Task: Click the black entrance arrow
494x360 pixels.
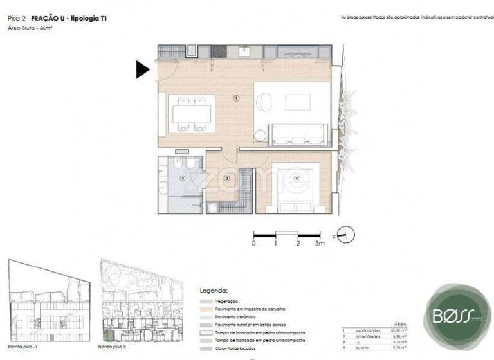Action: pos(142,69)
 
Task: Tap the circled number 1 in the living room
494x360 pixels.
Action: pos(236,98)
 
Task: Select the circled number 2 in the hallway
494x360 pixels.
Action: pos(226,178)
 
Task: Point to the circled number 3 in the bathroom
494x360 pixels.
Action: pos(183,178)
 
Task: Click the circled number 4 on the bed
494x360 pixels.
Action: pos(297,178)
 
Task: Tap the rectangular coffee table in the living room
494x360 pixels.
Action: pos(298,102)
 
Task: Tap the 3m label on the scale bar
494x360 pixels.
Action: pos(320,244)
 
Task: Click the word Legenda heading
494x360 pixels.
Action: pos(214,290)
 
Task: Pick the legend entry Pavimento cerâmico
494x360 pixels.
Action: pos(233,317)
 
